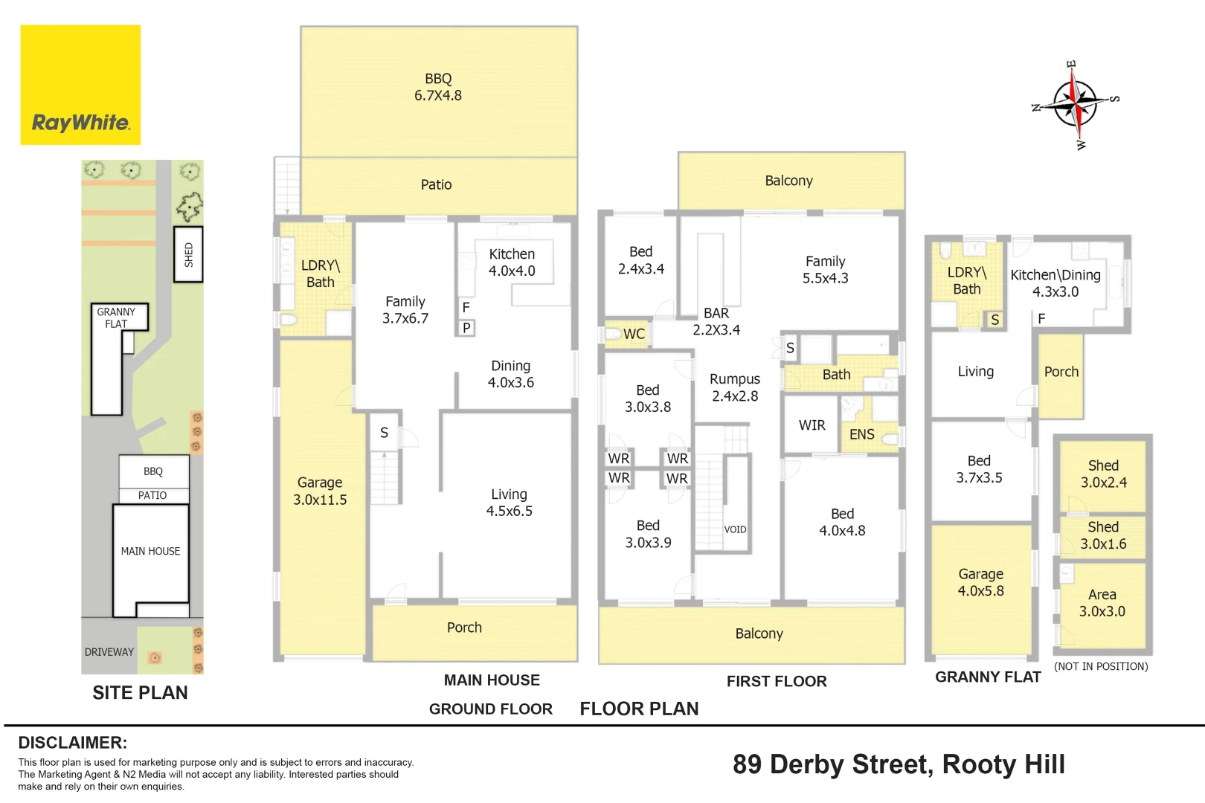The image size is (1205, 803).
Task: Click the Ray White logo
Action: point(80,85)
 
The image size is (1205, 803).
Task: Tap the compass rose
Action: point(1075,104)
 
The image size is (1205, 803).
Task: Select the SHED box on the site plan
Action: point(188,254)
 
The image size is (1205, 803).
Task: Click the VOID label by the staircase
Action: point(735,529)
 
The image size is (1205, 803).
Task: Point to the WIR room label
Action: point(812,425)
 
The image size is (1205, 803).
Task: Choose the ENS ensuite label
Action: point(862,434)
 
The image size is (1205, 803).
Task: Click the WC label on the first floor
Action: point(634,334)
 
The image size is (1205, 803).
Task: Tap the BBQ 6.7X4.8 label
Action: point(438,86)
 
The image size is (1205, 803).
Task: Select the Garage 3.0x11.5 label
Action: point(320,491)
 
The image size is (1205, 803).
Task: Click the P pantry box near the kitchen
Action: point(466,328)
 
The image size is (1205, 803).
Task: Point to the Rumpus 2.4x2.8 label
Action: point(735,387)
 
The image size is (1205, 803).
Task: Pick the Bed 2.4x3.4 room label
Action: point(640,260)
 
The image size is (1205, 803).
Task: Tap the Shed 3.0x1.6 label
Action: point(1103,535)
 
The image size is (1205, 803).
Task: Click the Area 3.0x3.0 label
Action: point(1102,602)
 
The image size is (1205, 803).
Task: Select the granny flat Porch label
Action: point(1061,372)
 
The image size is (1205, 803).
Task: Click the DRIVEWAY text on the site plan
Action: point(109,652)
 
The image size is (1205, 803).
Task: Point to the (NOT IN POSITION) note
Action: point(1101,666)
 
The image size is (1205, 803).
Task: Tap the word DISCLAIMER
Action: point(73,743)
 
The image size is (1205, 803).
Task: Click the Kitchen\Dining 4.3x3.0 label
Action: point(1055,283)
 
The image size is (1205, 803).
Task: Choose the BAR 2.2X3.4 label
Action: point(716,321)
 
